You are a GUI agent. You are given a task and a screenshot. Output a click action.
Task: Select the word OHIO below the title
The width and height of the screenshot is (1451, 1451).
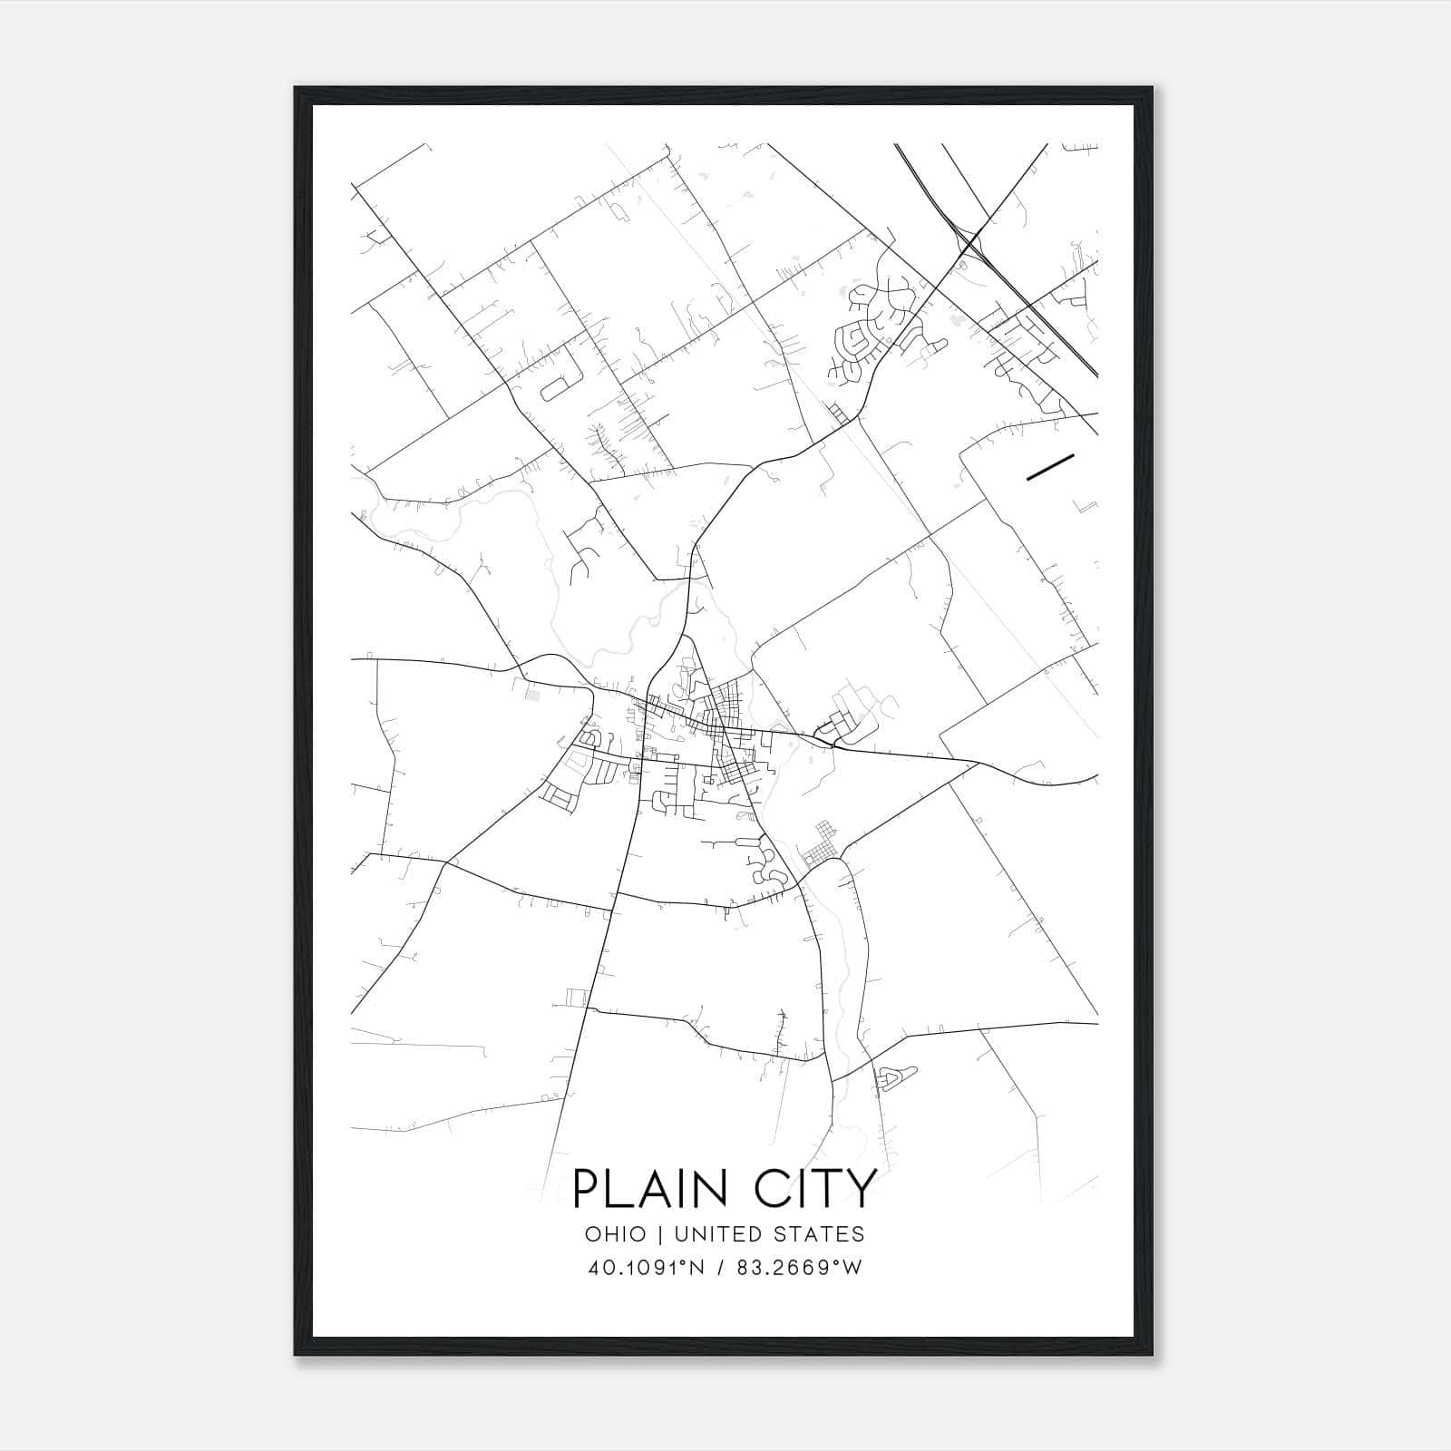coord(616,1234)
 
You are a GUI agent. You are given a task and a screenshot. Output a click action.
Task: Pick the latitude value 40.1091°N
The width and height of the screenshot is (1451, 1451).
coord(646,1268)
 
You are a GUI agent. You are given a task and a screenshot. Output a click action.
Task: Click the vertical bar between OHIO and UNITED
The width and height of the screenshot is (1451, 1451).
coord(659,1234)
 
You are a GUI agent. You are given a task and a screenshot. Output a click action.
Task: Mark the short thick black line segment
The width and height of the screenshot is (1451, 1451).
coord(1050,465)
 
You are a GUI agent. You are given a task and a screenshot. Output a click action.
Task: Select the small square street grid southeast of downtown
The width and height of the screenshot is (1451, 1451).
coord(821,845)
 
